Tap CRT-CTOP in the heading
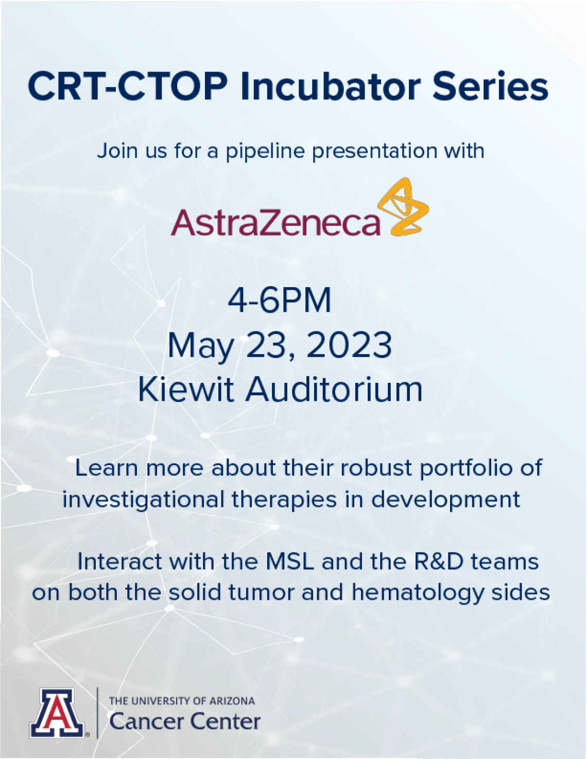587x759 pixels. pyautogui.click(x=128, y=86)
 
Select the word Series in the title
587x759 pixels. pyautogui.click(x=490, y=86)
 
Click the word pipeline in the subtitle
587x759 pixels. pyautogui.click(x=265, y=151)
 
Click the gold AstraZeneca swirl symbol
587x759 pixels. pyautogui.click(x=404, y=207)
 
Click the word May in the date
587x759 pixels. pyautogui.click(x=201, y=346)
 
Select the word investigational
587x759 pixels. pyautogui.click(x=143, y=500)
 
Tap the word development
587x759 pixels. pyautogui.click(x=445, y=500)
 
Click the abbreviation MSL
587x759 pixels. pyautogui.click(x=290, y=562)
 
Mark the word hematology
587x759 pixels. pyautogui.click(x=418, y=593)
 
